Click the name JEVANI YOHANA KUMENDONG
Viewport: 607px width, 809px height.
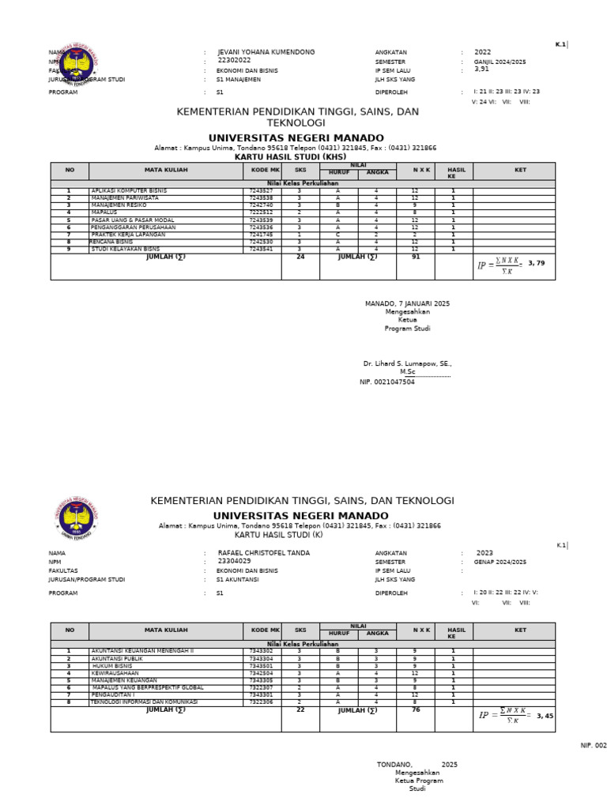tap(266, 52)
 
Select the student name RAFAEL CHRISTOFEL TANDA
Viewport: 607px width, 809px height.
tap(263, 553)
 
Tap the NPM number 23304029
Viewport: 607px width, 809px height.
tap(234, 562)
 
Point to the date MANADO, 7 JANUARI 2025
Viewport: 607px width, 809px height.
tap(406, 303)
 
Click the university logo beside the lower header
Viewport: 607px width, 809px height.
tap(77, 518)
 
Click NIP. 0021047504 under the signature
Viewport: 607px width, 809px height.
tap(387, 382)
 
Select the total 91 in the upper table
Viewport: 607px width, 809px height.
tap(415, 257)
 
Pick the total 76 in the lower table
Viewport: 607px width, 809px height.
tap(415, 709)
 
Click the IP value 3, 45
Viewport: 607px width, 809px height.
tap(545, 716)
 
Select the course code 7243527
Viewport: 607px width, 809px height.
tap(261, 191)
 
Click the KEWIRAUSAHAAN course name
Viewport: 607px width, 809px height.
tap(115, 673)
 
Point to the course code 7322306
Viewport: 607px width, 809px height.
tap(261, 702)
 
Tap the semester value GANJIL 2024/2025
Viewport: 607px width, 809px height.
tap(500, 62)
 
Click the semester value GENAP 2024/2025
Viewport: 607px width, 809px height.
tap(500, 562)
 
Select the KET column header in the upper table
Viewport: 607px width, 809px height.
tap(520, 170)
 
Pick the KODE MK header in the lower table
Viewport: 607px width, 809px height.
tap(262, 630)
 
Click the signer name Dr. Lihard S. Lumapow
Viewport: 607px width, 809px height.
tap(407, 364)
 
